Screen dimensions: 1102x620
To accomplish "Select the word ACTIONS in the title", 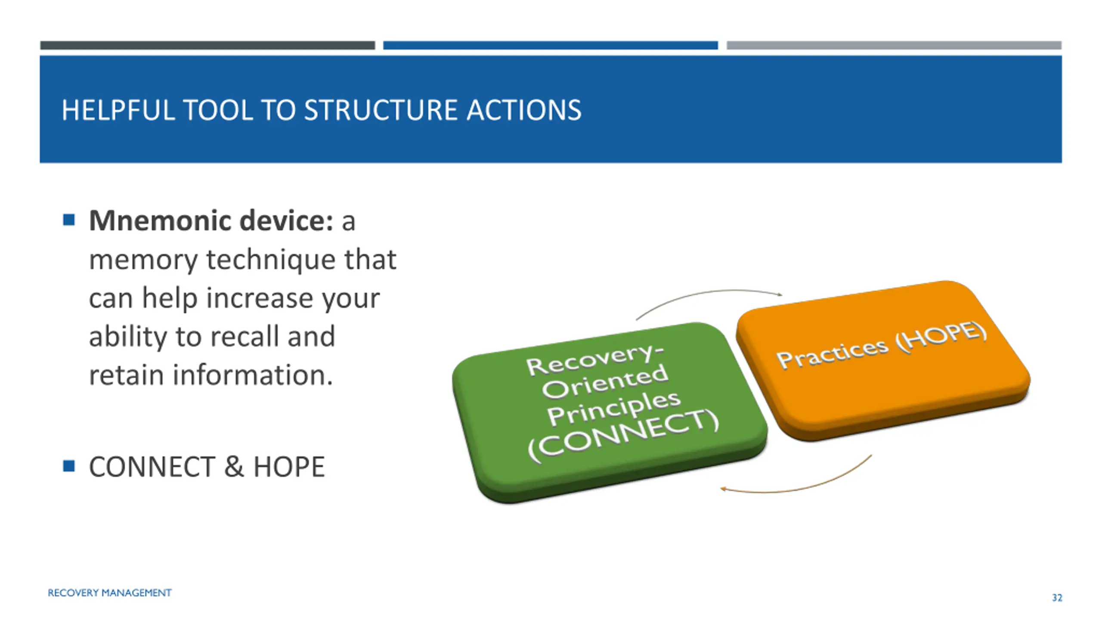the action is click(x=524, y=110).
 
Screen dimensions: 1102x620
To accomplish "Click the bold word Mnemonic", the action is click(x=160, y=221).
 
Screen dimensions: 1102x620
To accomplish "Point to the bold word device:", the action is click(x=286, y=220).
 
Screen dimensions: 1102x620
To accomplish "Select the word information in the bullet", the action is click(x=253, y=375).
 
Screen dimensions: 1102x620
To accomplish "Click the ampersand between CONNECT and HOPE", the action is click(x=234, y=467).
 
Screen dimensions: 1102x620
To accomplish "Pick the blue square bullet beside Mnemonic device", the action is click(x=69, y=220).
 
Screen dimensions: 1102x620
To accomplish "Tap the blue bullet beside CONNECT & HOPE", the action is click(x=69, y=466).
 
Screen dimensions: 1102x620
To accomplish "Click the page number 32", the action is click(x=1057, y=598).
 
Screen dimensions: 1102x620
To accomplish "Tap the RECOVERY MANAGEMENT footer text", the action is click(x=109, y=593).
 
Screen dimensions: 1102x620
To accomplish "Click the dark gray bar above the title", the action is click(x=207, y=45).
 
